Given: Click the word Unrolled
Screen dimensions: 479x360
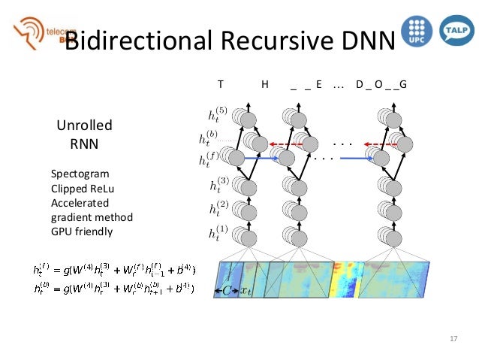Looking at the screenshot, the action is pos(84,126).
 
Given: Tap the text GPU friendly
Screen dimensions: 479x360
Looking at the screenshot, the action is pos(82,231).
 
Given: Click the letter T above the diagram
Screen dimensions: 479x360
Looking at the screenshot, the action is pos(220,84).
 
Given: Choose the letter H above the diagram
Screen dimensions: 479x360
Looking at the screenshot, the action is pos(265,84).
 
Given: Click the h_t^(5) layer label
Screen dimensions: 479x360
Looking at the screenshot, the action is pos(218,115).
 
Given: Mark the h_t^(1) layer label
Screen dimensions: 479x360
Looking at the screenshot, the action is pos(218,234).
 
